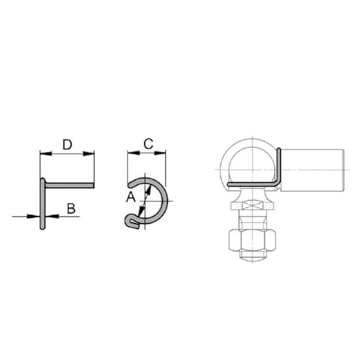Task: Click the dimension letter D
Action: click(66, 145)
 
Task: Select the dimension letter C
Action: click(147, 143)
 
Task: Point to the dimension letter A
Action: click(130, 196)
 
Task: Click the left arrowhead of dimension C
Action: click(130, 153)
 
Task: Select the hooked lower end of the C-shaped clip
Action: click(132, 221)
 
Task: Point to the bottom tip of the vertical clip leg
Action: click(43, 228)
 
